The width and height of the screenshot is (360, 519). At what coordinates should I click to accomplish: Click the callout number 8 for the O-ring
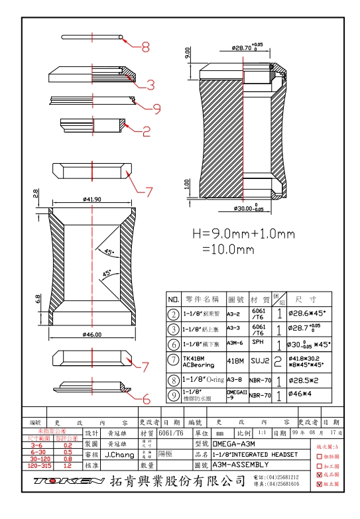point(145,47)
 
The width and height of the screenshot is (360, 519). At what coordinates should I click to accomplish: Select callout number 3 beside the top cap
point(150,85)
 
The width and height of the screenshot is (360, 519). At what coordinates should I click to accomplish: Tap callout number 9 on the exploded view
point(156,108)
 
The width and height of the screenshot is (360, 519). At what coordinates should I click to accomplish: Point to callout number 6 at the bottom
point(147,399)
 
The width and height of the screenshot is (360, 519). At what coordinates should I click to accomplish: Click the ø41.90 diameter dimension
point(92,199)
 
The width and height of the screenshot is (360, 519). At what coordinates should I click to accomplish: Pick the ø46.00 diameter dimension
point(92,335)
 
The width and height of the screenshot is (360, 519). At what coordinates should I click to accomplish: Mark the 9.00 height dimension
point(188,53)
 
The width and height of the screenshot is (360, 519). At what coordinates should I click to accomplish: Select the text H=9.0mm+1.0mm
point(243,234)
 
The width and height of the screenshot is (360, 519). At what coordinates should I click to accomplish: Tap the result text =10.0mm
point(228,250)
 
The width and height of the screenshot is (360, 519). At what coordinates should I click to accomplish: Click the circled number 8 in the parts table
point(173,380)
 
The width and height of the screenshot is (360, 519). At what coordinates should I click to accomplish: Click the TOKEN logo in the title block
point(68,480)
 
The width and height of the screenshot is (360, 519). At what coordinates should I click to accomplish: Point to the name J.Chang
point(119,455)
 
